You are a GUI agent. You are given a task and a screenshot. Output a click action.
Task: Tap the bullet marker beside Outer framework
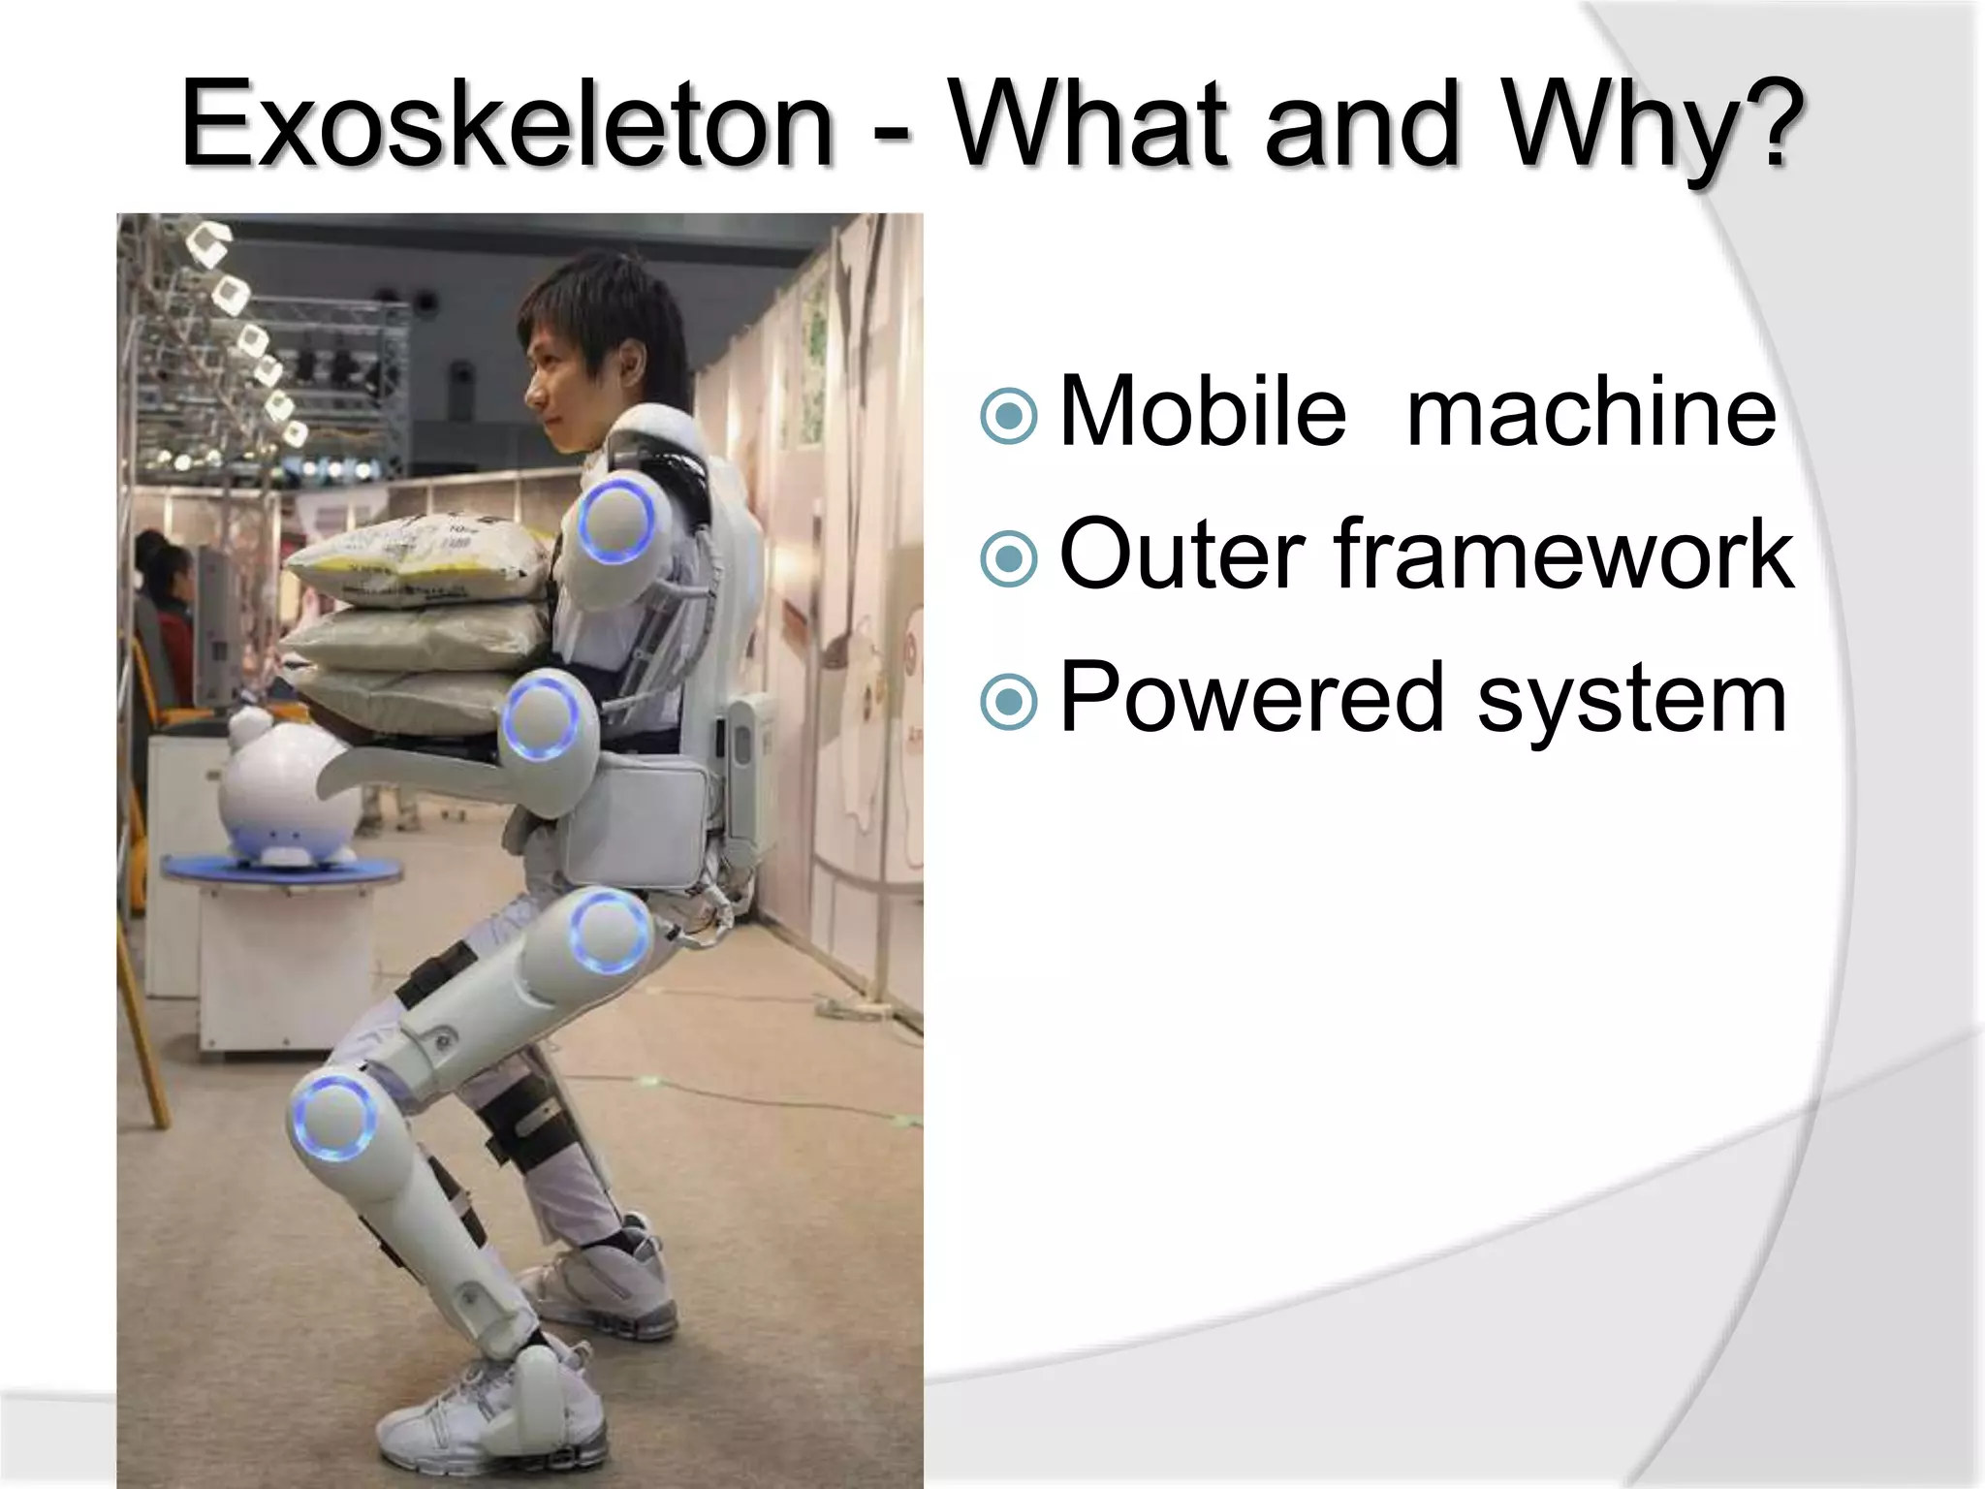tap(1009, 557)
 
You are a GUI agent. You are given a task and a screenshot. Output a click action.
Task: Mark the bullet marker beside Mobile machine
tap(1009, 415)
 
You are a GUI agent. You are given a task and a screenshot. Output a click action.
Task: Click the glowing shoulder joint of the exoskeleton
tap(617, 523)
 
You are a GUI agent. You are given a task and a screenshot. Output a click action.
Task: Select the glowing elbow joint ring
tap(540, 718)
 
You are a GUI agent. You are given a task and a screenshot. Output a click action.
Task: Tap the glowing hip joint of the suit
tap(609, 932)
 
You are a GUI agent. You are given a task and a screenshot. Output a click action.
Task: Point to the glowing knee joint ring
tap(333, 1118)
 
